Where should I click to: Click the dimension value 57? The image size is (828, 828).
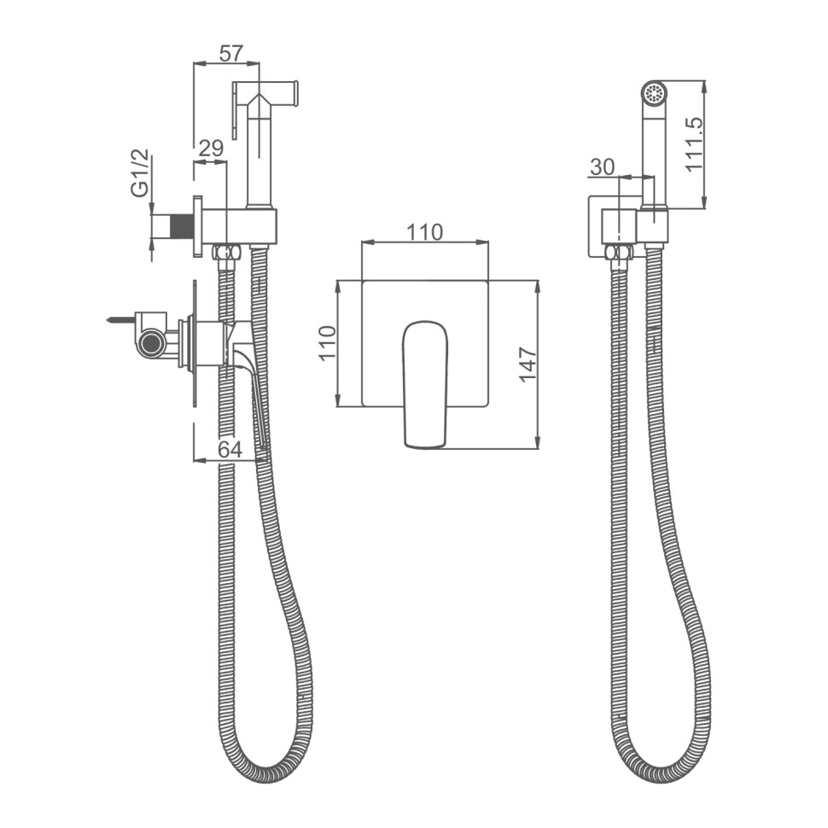[x=230, y=53]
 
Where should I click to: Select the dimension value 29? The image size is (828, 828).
[x=211, y=149]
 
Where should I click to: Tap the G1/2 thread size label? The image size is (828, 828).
[x=141, y=173]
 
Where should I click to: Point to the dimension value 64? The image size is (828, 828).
[x=230, y=449]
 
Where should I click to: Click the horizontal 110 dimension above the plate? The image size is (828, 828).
[x=424, y=232]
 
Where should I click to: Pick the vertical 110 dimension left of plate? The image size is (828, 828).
[x=328, y=342]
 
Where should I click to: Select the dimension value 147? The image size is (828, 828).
[x=528, y=364]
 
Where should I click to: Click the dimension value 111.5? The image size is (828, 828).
[x=694, y=144]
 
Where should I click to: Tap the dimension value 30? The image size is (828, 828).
[x=603, y=166]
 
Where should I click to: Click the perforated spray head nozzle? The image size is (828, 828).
[x=654, y=94]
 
